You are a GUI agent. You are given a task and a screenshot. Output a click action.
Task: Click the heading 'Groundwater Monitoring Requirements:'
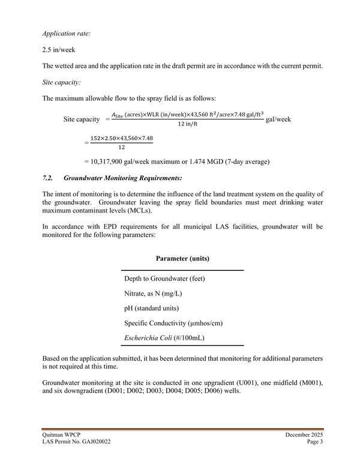122,178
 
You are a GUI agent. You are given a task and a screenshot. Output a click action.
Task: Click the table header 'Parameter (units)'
182,259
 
